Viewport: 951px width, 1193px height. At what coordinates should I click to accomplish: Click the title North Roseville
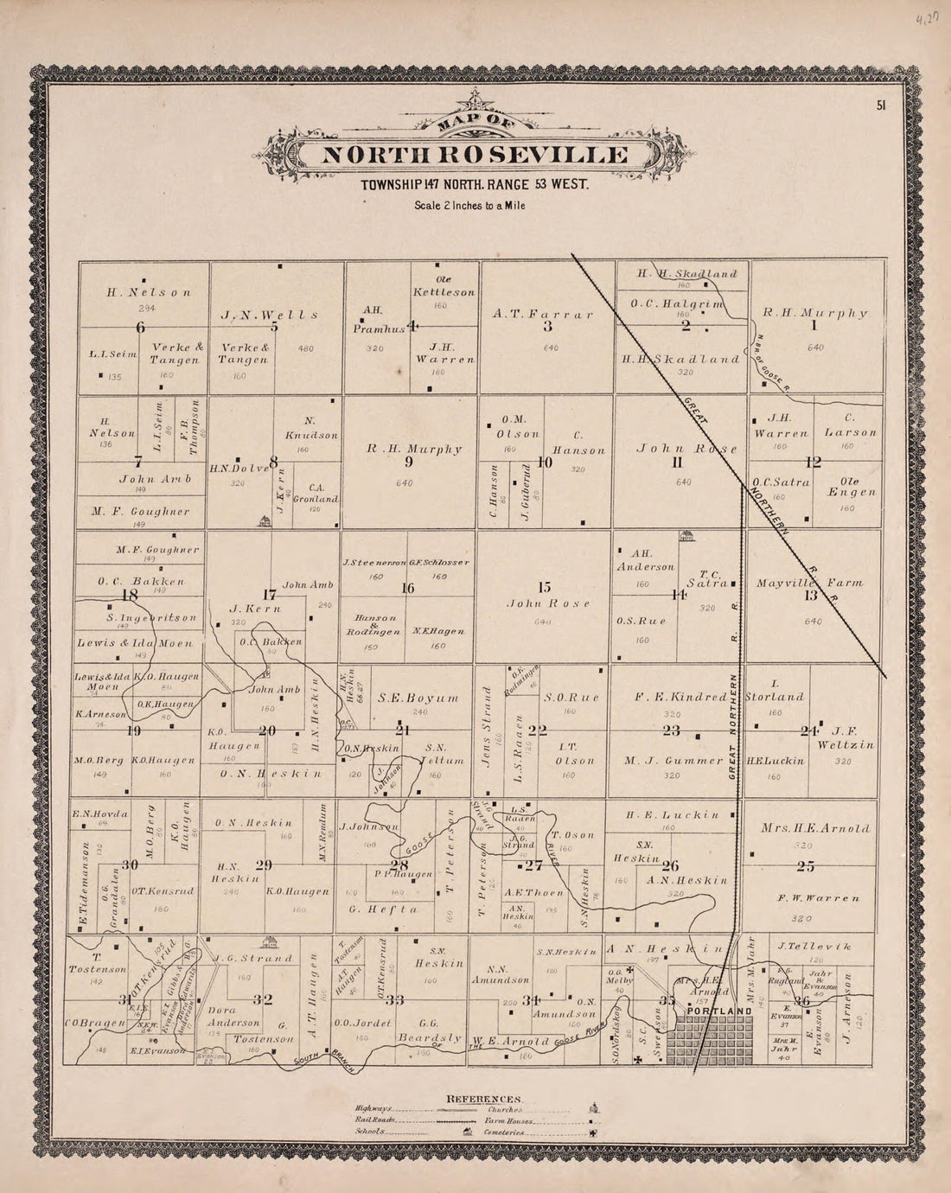point(475,156)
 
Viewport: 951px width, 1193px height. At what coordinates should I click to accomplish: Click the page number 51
point(881,105)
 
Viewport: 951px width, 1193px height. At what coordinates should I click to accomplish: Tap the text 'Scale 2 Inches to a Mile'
point(469,206)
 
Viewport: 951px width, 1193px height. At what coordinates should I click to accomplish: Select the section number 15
point(545,587)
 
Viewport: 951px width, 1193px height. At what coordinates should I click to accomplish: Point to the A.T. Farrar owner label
point(543,314)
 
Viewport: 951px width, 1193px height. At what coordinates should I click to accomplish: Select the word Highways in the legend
point(373,1108)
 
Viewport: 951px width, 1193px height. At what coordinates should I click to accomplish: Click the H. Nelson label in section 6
point(149,292)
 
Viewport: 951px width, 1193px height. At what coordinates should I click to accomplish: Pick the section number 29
point(264,864)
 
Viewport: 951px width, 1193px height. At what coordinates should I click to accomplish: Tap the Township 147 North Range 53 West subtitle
point(475,185)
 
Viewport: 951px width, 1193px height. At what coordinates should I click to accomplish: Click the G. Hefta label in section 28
point(385,909)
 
